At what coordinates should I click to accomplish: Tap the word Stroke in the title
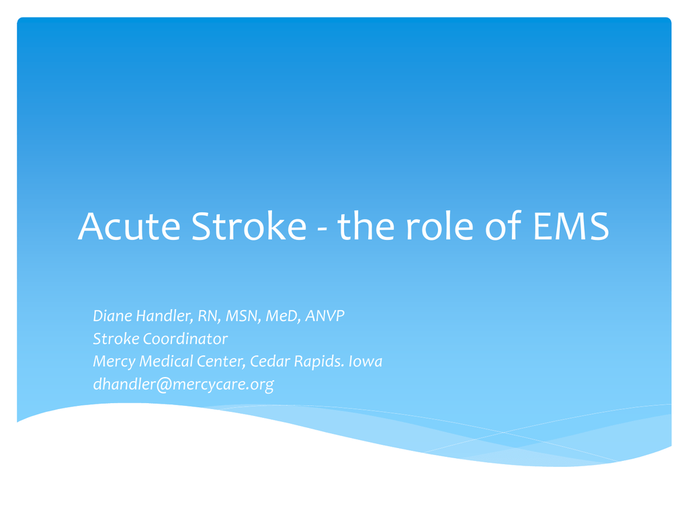pos(249,226)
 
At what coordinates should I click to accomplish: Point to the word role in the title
pos(439,226)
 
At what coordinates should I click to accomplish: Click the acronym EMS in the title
pos(571,226)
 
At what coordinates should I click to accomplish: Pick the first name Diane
pos(112,316)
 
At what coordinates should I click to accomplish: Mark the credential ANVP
pos(325,316)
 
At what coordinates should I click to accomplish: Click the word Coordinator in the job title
pos(185,339)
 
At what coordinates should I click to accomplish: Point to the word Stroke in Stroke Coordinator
pos(116,339)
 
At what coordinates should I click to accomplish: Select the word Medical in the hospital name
pos(166,361)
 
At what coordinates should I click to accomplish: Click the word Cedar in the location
pos(269,361)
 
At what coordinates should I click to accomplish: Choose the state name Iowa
pos(365,361)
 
